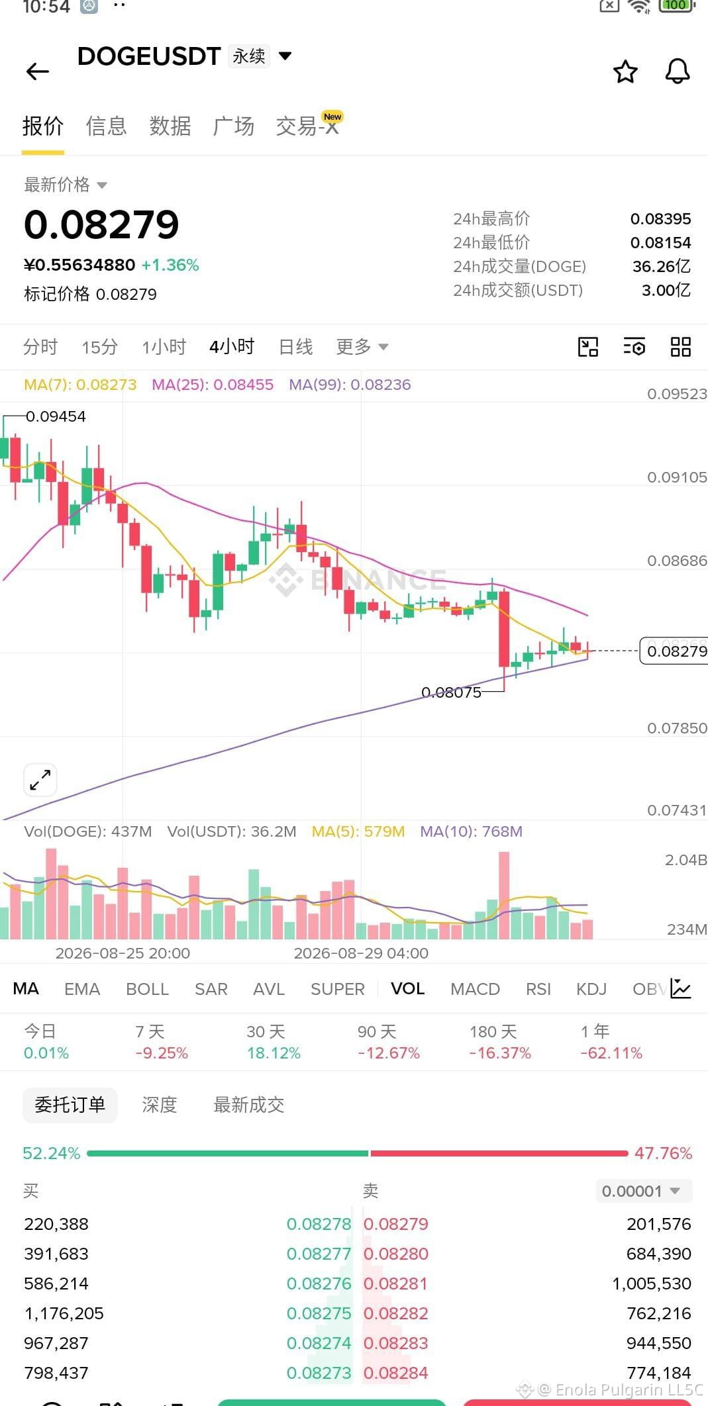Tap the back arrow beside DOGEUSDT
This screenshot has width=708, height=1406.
click(38, 71)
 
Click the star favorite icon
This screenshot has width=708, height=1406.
click(625, 71)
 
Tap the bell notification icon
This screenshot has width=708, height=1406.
click(678, 71)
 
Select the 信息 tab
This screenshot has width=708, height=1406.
click(106, 126)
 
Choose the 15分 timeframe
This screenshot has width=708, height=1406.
click(100, 347)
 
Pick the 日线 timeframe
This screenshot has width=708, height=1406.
click(295, 346)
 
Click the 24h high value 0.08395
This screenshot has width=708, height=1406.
click(660, 218)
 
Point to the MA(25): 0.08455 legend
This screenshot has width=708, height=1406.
click(213, 385)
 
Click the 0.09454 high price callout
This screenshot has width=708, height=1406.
click(56, 416)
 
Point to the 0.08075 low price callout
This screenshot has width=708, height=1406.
click(451, 692)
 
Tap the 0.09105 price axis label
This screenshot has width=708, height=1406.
click(677, 477)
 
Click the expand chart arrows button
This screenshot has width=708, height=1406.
click(40, 780)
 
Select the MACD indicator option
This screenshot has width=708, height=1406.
click(475, 989)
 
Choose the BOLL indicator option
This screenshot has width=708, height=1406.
click(147, 989)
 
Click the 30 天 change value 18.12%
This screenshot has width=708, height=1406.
click(274, 1053)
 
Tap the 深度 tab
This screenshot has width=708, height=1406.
click(160, 1105)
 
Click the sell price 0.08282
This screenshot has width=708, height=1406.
click(396, 1313)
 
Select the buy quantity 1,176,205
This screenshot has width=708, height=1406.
click(64, 1313)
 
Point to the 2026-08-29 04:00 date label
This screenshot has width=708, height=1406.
click(361, 953)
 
